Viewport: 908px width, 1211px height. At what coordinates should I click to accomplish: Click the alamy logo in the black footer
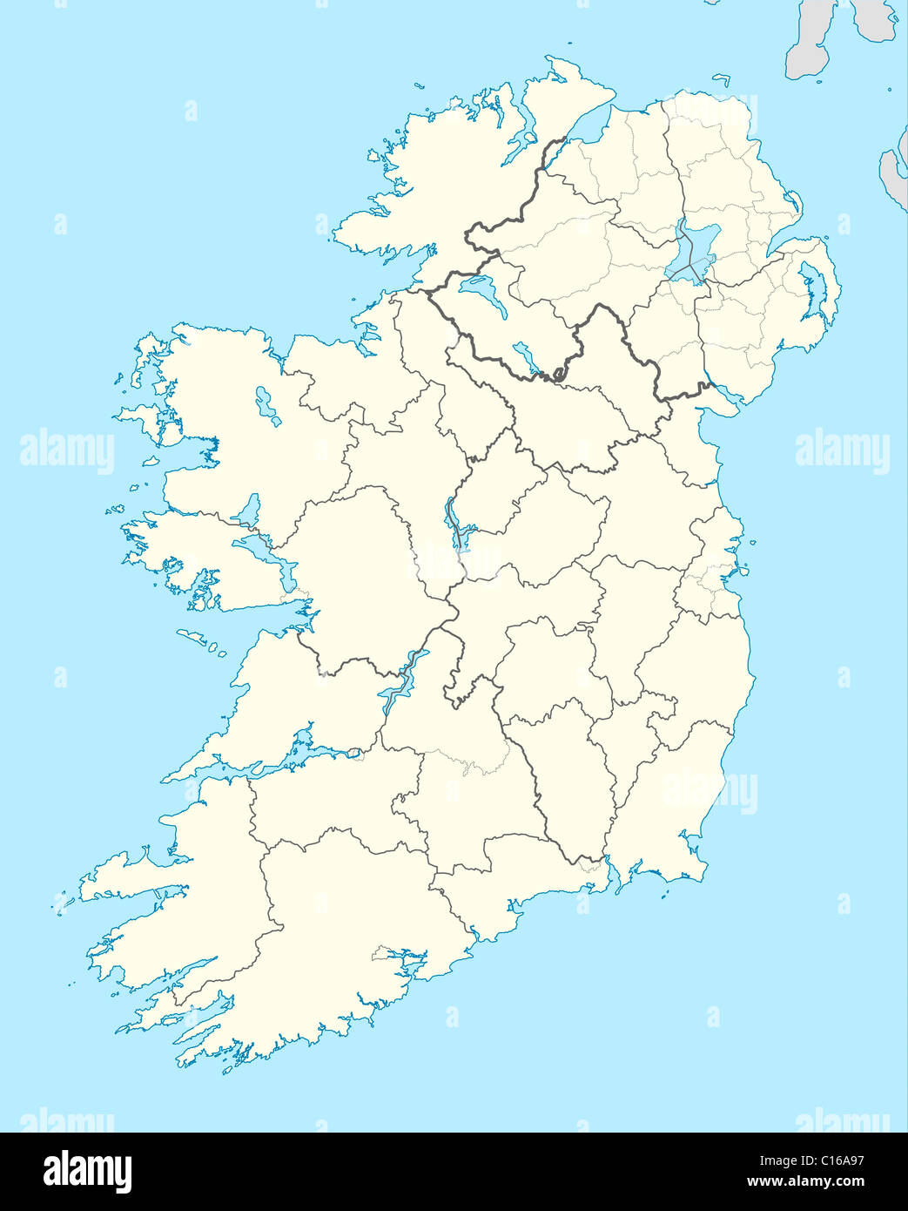coord(87,1172)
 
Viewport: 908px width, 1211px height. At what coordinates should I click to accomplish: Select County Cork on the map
coord(348,923)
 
